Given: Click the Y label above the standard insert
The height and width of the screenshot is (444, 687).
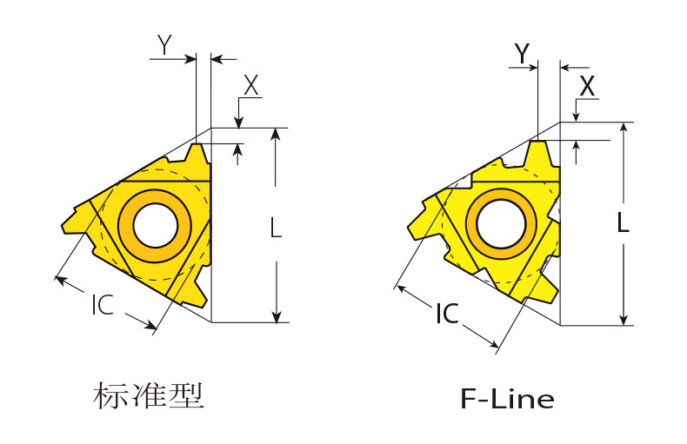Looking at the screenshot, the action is [x=164, y=44].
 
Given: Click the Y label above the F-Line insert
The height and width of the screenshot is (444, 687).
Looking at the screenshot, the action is [x=523, y=53].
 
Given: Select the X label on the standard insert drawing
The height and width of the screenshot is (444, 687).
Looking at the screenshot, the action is [x=251, y=85].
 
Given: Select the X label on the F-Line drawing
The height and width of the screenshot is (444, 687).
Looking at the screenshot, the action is [x=587, y=86].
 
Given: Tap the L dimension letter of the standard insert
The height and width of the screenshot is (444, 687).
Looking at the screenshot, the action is [x=276, y=229].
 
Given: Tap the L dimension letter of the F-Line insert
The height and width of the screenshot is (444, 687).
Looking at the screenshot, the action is [x=623, y=222].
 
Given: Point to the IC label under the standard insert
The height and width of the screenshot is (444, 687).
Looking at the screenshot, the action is [x=103, y=305].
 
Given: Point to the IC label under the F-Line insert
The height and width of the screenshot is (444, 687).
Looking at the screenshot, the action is [x=447, y=314].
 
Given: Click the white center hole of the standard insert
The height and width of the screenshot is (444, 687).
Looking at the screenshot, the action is [x=156, y=226].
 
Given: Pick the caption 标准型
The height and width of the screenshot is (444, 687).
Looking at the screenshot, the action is [x=149, y=395].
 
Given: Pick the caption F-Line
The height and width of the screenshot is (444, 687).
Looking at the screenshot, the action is [x=507, y=399].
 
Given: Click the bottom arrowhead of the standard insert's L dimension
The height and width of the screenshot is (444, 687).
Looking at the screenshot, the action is [x=276, y=316].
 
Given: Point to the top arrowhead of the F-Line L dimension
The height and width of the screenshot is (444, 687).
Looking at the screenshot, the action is [x=624, y=129].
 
